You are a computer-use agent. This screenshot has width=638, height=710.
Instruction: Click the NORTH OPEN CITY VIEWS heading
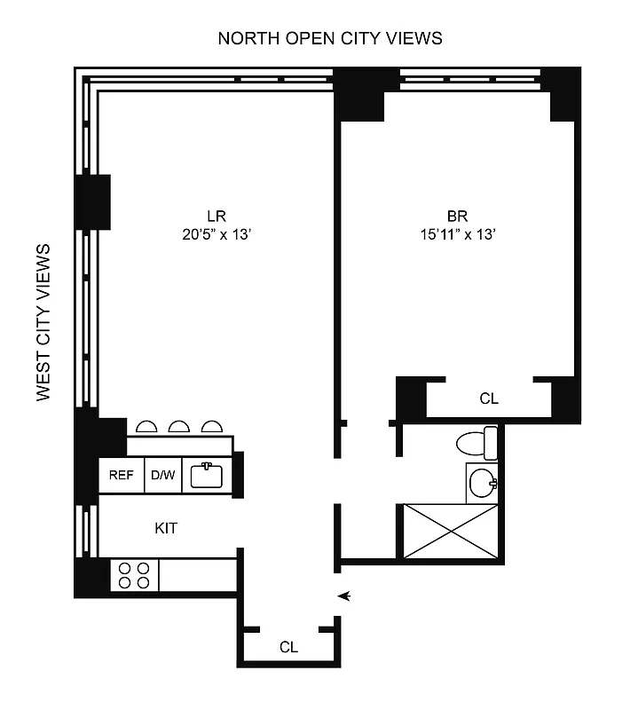coord(330,38)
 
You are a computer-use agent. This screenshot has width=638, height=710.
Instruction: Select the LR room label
coord(217,216)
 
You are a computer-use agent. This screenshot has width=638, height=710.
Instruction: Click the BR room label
coord(457,216)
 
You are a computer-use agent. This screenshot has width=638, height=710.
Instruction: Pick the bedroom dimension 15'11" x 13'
coord(457,234)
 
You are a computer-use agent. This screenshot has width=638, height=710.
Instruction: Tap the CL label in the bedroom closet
coord(489,399)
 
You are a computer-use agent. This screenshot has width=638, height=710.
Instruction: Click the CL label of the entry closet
coord(288,647)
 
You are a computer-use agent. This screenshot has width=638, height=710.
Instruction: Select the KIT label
coord(166,528)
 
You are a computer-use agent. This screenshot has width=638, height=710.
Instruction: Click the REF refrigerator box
coord(121,475)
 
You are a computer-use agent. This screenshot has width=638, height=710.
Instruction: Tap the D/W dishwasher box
coord(162,475)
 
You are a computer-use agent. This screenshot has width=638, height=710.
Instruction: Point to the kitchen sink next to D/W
coord(207,475)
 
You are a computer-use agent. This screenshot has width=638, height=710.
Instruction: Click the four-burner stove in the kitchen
coord(134,575)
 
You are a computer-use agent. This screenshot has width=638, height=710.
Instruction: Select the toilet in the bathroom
coord(477,442)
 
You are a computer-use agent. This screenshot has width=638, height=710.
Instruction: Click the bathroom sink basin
coord(481,484)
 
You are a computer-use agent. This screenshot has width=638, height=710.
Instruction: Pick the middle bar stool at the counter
coord(179,427)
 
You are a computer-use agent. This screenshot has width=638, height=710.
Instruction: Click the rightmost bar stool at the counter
coord(211,427)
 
